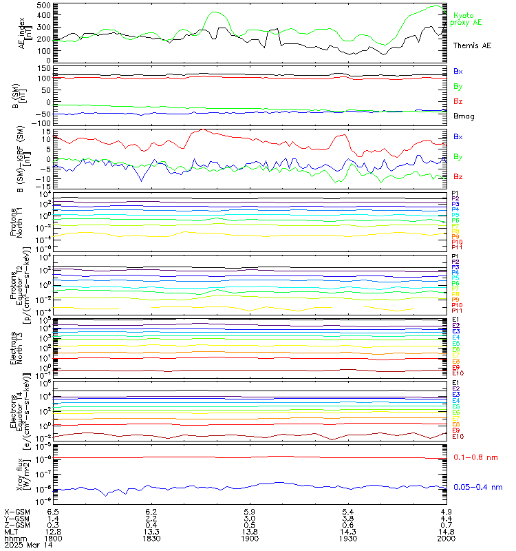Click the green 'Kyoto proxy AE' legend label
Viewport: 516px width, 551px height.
click(468, 19)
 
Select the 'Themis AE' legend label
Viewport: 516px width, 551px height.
click(471, 45)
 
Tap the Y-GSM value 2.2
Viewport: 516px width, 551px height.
click(152, 517)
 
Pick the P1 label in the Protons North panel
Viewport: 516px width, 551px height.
click(455, 193)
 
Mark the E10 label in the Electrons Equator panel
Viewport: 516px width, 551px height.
click(458, 437)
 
